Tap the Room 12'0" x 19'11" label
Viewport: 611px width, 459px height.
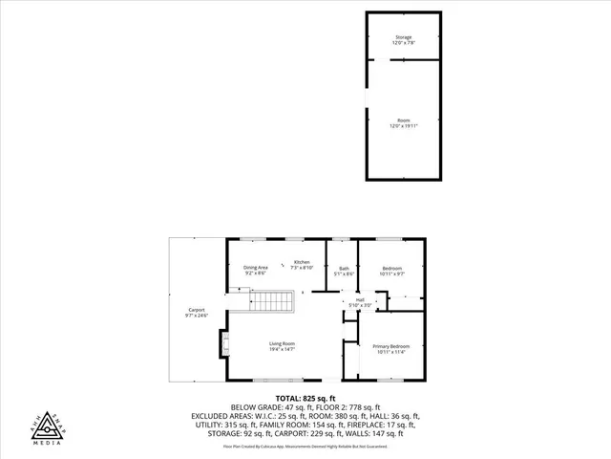tap(404, 122)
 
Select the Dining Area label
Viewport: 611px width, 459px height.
tap(256, 270)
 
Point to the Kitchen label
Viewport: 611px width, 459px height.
tap(302, 265)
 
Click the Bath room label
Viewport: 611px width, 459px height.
tap(344, 272)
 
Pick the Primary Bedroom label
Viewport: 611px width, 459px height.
tap(391, 349)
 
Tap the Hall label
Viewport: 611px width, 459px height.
tap(360, 302)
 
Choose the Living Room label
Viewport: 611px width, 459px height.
tap(282, 346)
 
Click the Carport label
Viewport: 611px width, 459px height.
tap(197, 313)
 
